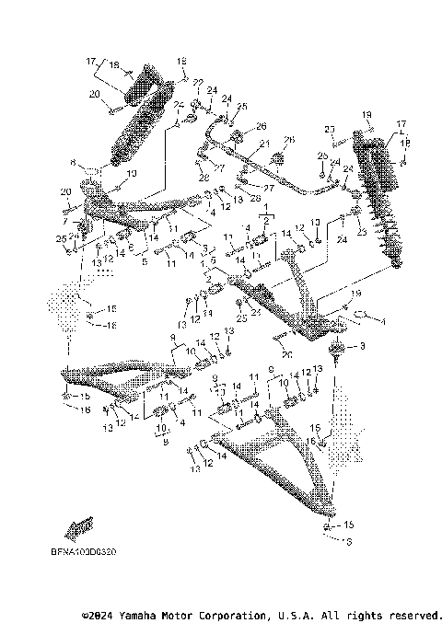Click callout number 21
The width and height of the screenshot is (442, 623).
pyautogui.click(x=264, y=144)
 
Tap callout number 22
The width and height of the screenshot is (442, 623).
pyautogui.click(x=197, y=82)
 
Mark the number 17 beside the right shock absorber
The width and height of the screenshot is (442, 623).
pyautogui.click(x=400, y=122)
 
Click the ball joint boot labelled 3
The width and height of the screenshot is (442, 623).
pyautogui.click(x=337, y=349)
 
